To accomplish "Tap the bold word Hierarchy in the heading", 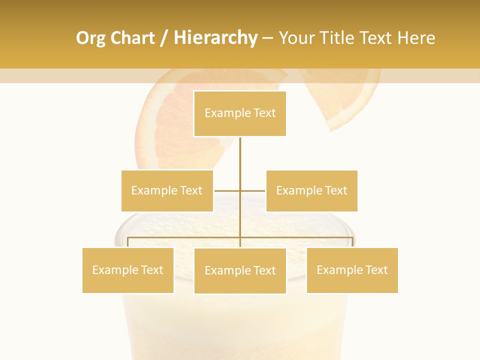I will [215, 38].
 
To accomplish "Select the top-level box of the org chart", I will [240, 113].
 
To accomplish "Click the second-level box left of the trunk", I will [167, 190].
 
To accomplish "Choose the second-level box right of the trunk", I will [311, 190].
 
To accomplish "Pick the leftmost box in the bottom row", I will [128, 270].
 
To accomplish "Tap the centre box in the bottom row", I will [240, 270].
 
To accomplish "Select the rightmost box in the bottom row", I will [352, 270].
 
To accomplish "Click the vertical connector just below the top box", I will [240, 155].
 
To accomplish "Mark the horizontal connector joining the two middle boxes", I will [227, 190].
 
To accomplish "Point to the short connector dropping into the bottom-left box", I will [128, 242].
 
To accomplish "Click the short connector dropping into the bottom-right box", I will [352, 242].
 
